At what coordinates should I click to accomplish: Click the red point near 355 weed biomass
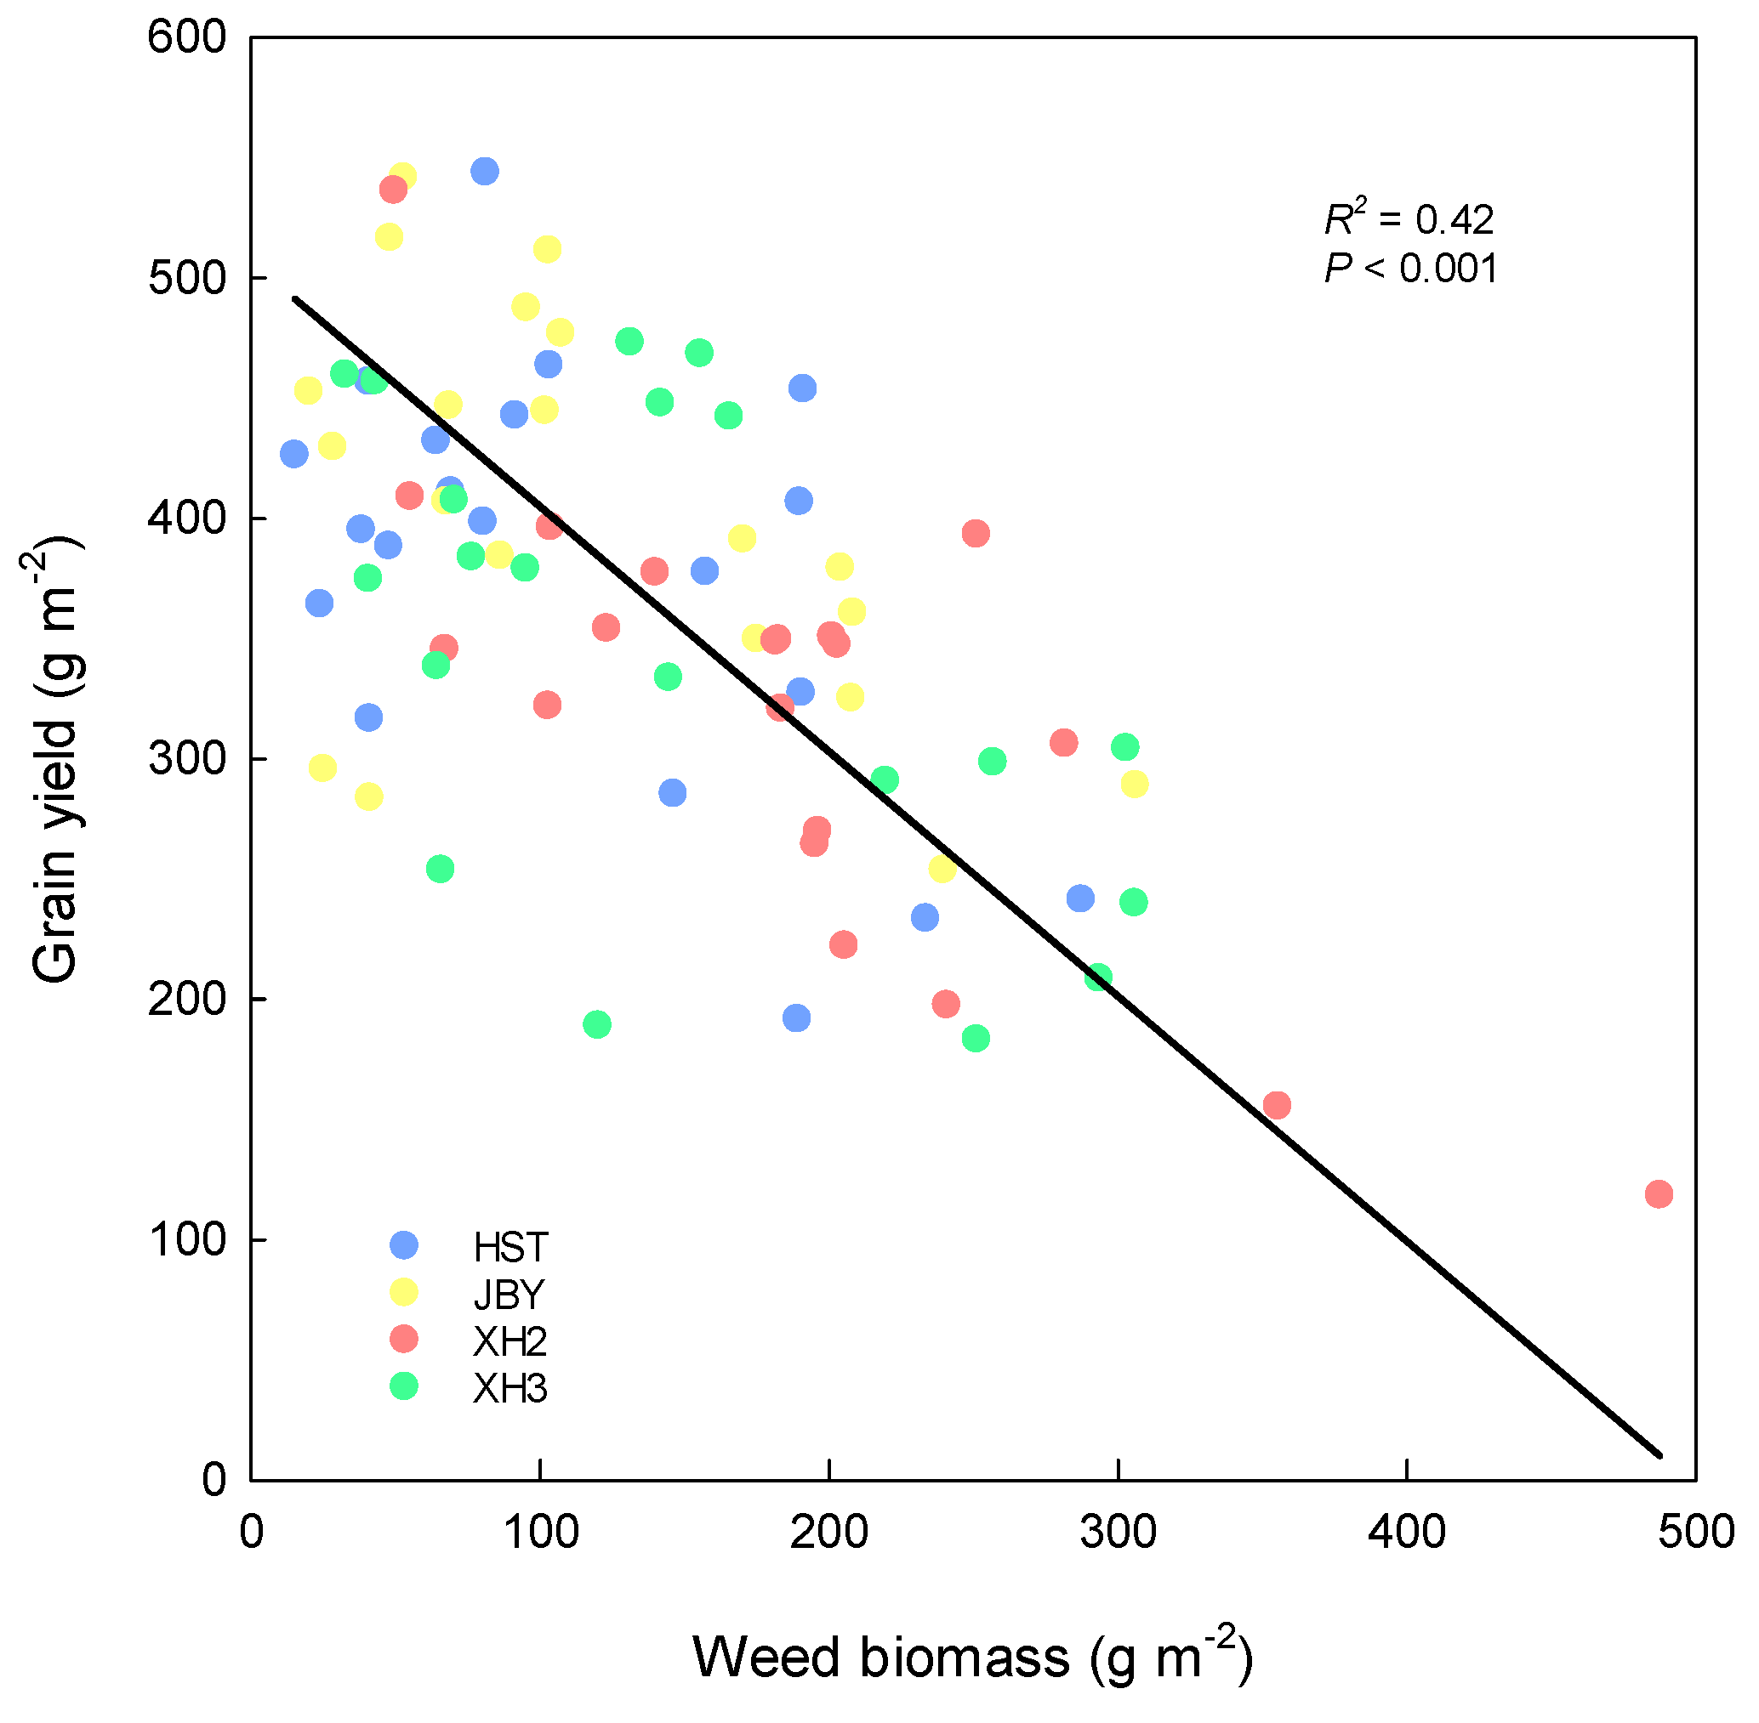1278,1106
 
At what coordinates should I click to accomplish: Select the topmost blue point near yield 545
485,171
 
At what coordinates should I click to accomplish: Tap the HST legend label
510,1248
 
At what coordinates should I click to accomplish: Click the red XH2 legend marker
404,1340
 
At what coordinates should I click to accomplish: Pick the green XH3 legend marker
404,1386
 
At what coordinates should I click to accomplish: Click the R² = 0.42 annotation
1409,218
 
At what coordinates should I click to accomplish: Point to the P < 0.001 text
1410,269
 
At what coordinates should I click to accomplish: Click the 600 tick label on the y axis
187,38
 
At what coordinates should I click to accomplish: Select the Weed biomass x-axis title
972,1658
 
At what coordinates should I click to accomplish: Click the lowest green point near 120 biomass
597,1025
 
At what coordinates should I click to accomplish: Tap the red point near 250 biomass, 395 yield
976,534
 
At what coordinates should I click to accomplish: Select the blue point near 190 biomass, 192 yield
797,1019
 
